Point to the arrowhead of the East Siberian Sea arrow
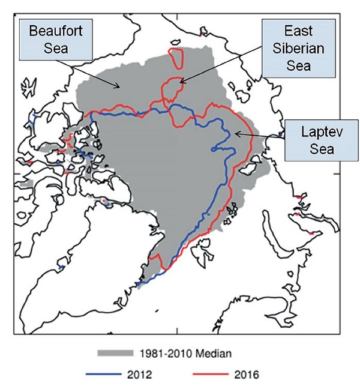180,83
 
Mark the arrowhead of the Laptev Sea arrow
236,134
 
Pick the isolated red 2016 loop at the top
176,58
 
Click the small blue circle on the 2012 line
213,149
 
